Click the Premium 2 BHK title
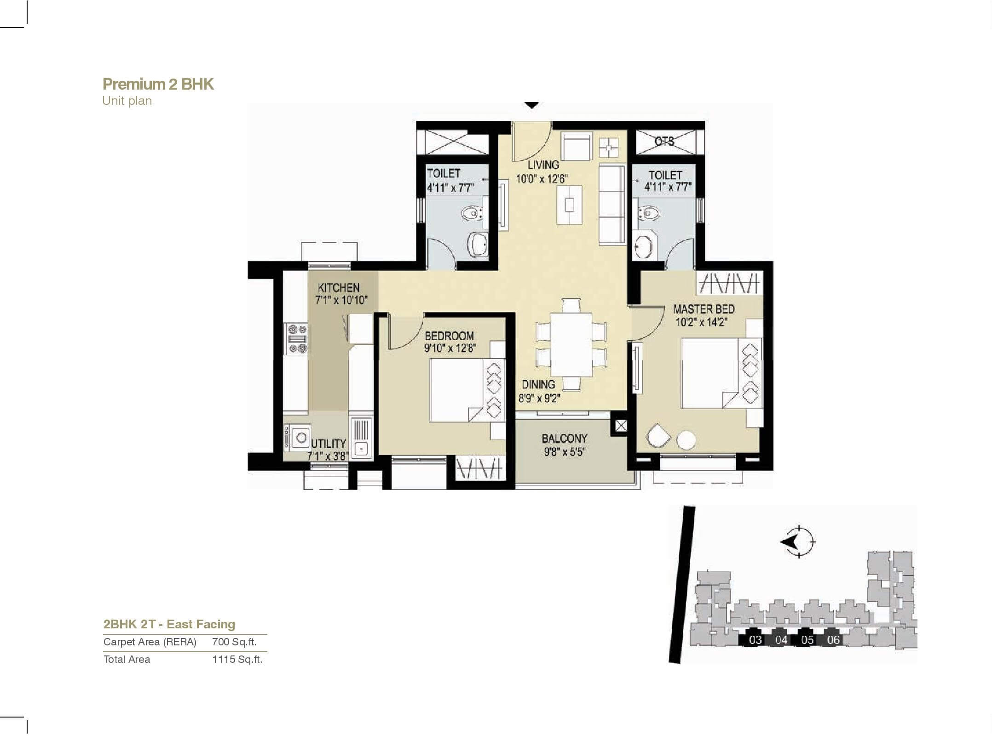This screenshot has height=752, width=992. pos(158,84)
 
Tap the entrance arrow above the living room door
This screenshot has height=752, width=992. pos(532,105)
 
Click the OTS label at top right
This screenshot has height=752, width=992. pos(664,141)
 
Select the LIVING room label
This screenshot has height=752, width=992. pos(543,165)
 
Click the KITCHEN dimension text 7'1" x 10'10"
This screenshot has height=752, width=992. pos(341,300)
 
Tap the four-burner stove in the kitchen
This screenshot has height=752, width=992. pos(296,339)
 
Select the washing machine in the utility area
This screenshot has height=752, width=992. pos(300,437)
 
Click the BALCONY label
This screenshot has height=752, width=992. pos(564,438)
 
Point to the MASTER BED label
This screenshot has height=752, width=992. pos(704,309)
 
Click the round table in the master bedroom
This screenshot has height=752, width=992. pos(686,440)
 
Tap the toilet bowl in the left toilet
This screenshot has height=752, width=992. pos(472,213)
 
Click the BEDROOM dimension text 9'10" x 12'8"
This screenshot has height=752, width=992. pos(450,348)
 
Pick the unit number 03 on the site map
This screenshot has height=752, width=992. pos(755,640)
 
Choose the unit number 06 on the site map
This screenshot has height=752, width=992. pos(833,640)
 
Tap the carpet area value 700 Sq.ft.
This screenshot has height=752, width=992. pos(234,642)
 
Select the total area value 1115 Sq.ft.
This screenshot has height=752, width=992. pos(237,659)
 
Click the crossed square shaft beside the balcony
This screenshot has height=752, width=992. pos(621,426)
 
